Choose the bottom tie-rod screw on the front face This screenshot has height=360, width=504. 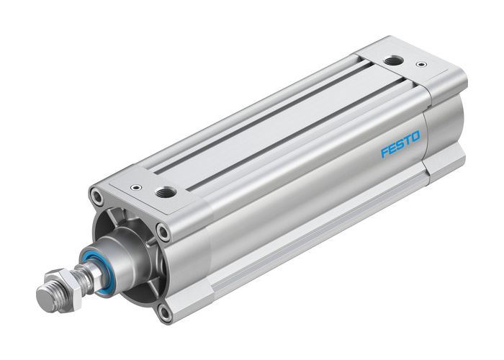tap(164, 312)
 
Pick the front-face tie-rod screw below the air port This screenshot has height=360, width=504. tap(164, 233)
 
